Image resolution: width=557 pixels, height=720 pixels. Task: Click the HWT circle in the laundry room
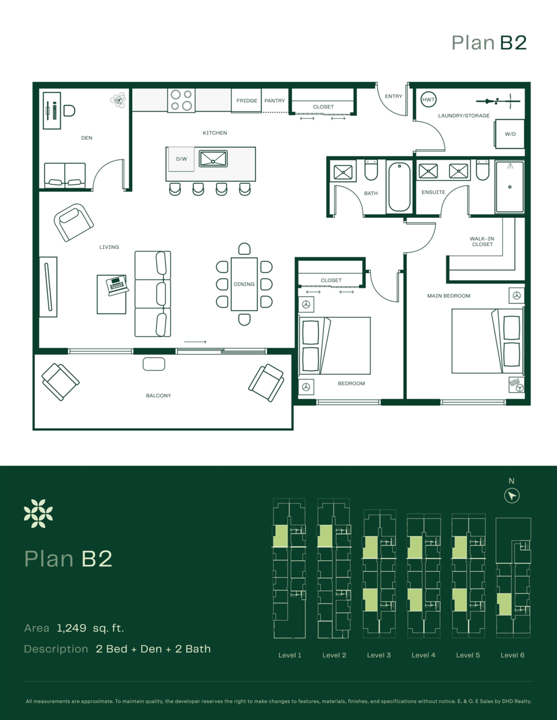click(x=428, y=100)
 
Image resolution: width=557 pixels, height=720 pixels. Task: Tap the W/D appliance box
click(x=510, y=134)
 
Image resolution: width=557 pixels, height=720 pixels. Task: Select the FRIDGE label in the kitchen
click(x=247, y=101)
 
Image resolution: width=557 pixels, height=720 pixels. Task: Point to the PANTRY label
click(x=275, y=101)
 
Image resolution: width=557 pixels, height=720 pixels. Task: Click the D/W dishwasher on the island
click(x=181, y=159)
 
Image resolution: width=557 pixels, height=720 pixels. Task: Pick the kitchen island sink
click(x=213, y=159)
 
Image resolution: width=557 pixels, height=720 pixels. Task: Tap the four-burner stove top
click(x=181, y=100)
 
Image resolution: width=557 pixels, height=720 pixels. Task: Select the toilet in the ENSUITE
click(x=482, y=170)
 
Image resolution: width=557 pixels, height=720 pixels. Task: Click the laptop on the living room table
click(x=117, y=285)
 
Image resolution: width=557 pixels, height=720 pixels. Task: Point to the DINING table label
click(x=244, y=284)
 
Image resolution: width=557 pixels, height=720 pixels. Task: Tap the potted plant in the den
click(x=118, y=100)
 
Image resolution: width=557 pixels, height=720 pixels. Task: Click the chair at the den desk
click(x=69, y=110)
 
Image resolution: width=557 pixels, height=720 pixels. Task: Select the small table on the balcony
click(x=154, y=364)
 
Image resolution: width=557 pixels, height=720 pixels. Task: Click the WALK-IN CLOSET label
click(x=482, y=242)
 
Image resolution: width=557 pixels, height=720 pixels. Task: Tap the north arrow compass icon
click(x=512, y=496)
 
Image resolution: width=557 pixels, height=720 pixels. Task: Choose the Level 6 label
click(x=513, y=655)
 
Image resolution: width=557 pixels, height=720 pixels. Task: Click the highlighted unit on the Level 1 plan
click(x=281, y=536)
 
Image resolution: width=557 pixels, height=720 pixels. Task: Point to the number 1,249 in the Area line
click(x=72, y=628)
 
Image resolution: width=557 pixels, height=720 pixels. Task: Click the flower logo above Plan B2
click(x=38, y=514)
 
